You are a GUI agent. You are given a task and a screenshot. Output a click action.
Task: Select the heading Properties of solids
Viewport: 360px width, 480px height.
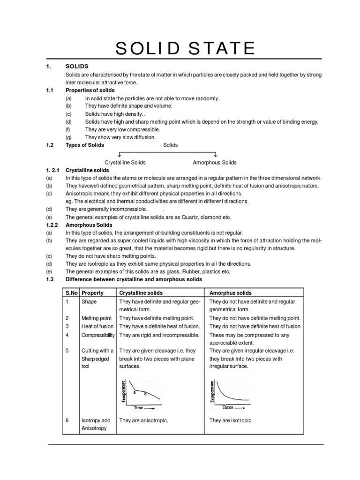point(90,90)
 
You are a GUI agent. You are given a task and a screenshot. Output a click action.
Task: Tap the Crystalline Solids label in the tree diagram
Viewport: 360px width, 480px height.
point(125,162)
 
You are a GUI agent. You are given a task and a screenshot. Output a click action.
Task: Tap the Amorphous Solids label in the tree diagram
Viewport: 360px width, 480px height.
point(215,162)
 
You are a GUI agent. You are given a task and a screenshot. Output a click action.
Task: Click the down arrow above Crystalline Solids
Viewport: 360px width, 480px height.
point(120,154)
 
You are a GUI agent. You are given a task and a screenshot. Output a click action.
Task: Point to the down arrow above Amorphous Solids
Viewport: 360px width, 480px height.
point(216,154)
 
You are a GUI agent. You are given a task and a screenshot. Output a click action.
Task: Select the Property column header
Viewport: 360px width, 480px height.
point(93,292)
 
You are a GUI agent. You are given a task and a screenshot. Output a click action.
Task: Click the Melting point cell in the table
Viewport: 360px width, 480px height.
point(97,318)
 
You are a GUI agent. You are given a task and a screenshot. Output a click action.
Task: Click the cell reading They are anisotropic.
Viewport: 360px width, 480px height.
point(143,420)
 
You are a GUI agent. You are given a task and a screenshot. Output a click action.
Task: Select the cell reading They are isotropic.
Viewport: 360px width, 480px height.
point(231,420)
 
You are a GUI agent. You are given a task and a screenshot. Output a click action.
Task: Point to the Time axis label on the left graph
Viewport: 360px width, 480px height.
point(138,408)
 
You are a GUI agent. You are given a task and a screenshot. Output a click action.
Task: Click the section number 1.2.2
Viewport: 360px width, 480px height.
point(54,225)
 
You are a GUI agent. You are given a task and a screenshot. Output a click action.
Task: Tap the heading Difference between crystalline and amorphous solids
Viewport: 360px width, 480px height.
point(134,279)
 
